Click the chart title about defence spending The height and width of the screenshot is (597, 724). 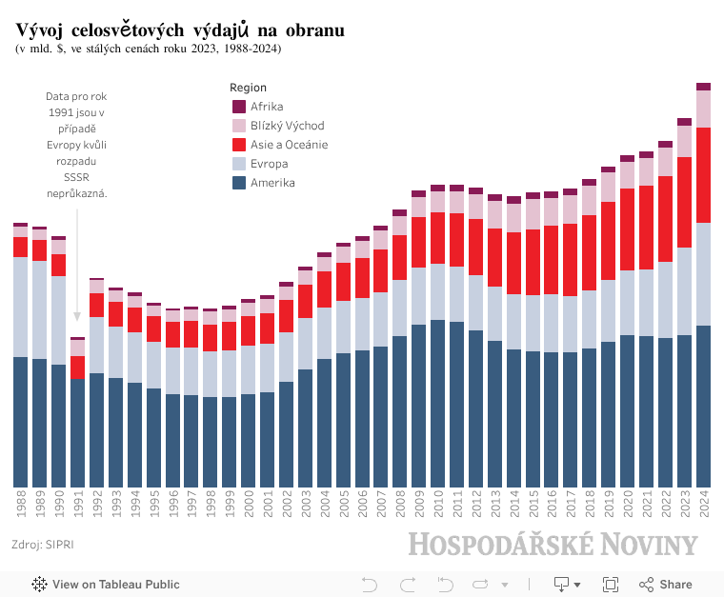[180, 30]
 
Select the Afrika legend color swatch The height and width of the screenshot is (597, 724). [239, 107]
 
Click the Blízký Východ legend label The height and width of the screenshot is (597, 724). [287, 126]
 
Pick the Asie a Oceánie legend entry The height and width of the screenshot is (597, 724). [289, 145]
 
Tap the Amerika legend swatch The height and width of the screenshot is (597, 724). [239, 183]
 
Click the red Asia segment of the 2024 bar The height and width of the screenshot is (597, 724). [704, 175]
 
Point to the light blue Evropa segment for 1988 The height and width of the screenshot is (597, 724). [21, 307]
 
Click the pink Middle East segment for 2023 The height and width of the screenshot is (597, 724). [685, 141]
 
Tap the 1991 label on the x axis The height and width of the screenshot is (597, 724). [78, 505]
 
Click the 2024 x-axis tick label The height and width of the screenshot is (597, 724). [704, 505]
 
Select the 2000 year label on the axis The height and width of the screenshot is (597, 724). [249, 505]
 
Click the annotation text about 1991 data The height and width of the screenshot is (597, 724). [76, 145]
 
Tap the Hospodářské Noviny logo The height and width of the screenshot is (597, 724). [553, 545]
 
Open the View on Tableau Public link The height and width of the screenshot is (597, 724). [106, 585]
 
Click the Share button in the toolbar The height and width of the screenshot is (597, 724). [666, 585]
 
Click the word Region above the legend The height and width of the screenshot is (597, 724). [249, 88]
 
